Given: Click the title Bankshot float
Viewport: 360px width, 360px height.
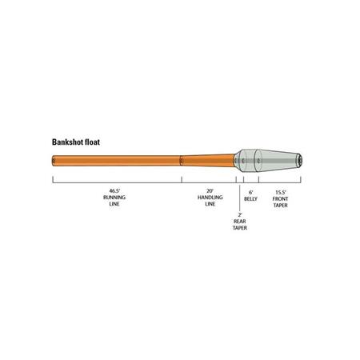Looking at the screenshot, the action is [x=76, y=142].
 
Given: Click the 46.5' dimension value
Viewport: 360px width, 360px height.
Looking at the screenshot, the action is [x=114, y=191].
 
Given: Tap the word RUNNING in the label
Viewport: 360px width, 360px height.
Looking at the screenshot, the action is [x=114, y=198].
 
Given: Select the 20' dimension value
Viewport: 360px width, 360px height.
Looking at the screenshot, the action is [x=210, y=191].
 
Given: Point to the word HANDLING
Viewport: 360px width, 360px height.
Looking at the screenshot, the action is [x=210, y=198].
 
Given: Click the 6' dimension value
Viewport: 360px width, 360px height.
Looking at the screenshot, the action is [x=250, y=192].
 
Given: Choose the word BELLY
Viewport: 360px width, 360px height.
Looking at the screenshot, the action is [x=250, y=199].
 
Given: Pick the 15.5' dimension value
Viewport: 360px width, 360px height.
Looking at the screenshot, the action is [x=281, y=192].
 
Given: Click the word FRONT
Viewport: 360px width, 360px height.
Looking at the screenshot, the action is [x=280, y=199].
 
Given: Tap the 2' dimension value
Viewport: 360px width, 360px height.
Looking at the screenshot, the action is [x=240, y=214].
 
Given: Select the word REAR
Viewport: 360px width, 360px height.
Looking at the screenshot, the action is [x=240, y=222].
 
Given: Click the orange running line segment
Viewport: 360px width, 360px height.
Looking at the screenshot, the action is [x=116, y=161].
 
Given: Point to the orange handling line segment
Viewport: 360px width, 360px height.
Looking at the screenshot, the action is [x=208, y=161].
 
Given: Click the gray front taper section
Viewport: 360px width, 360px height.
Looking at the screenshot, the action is [x=278, y=161].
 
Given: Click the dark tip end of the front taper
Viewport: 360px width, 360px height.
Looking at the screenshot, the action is [x=300, y=161].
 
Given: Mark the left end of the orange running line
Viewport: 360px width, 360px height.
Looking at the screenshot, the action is [x=53, y=161].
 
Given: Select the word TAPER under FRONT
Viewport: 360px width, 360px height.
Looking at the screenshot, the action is [x=280, y=206].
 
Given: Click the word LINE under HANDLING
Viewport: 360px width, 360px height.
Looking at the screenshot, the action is [x=210, y=204].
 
